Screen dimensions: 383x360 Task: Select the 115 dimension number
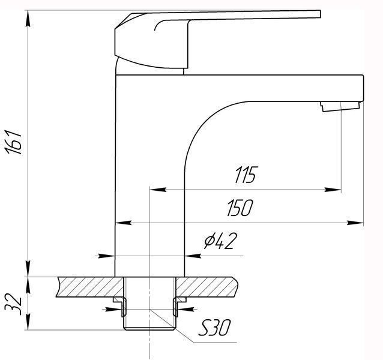[x=246, y=175]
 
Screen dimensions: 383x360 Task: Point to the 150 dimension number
[x=240, y=208]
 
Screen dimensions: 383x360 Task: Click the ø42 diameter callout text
[x=221, y=241]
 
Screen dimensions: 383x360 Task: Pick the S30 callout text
[x=214, y=328]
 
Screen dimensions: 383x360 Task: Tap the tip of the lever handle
[x=320, y=14]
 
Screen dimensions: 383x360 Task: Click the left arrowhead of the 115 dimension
[x=158, y=189]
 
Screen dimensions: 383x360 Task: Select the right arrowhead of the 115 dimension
[x=333, y=190]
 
